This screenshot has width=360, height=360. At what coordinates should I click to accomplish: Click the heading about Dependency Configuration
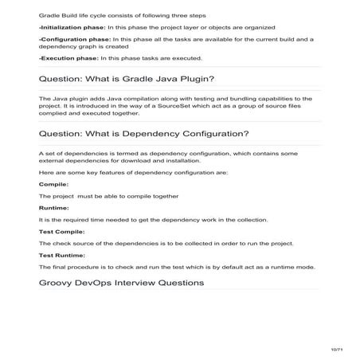pos(143,132)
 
